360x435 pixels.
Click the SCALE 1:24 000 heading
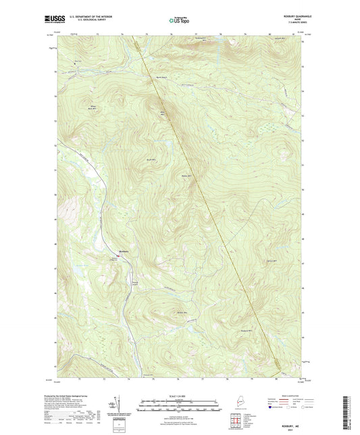pos(179,396)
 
